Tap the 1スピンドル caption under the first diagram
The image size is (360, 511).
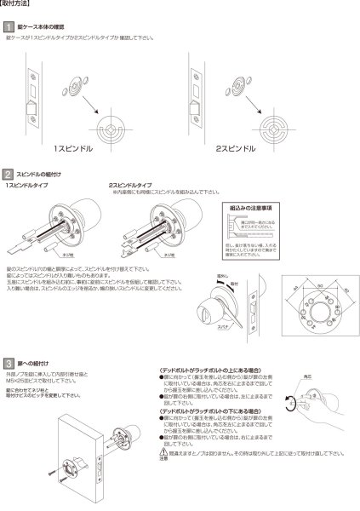tap(75, 147)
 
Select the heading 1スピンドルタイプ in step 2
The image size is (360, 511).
tap(28, 185)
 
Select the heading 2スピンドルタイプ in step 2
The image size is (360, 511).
tap(130, 185)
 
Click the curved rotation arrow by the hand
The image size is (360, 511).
tap(295, 401)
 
